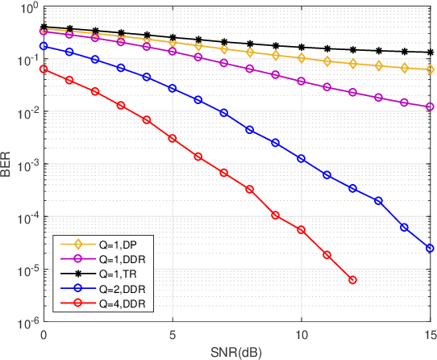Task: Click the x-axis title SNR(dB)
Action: pos(237,352)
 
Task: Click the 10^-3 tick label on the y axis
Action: pos(23,165)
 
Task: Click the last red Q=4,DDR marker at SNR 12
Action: pos(352,280)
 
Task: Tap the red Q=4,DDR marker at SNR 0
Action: pos(44,69)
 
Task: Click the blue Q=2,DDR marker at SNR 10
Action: pos(301,159)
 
